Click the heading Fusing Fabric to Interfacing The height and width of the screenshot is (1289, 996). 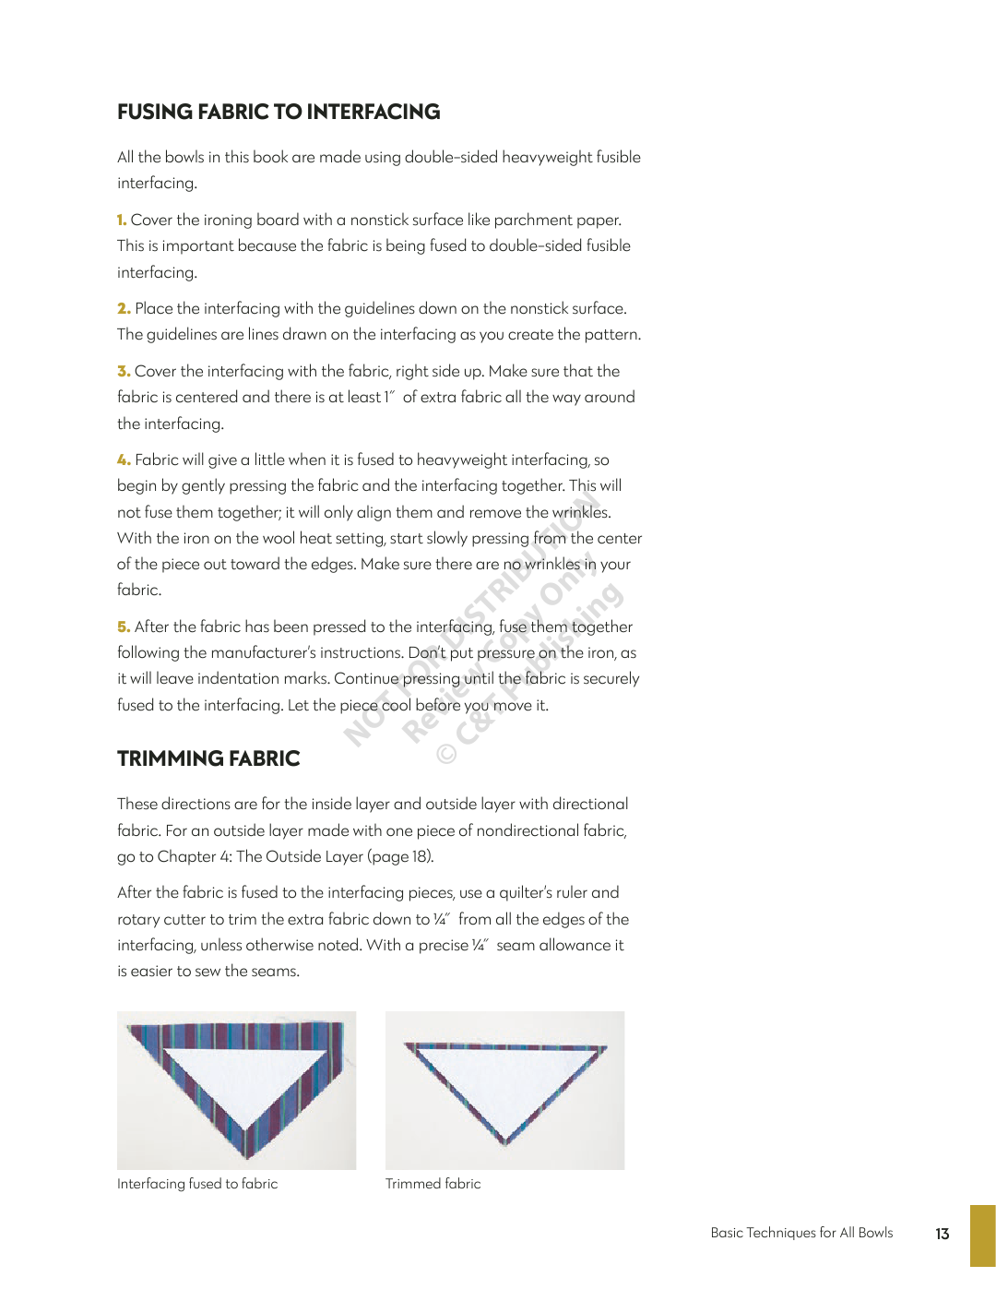pos(279,113)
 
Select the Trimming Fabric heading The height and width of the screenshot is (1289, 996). pos(208,759)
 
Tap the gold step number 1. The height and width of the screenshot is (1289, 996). pos(122,221)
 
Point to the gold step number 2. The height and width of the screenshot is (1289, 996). pos(124,309)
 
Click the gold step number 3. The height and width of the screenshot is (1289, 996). pos(124,372)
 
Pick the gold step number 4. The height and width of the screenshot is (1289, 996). pos(124,460)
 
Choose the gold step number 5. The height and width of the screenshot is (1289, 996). pos(124,627)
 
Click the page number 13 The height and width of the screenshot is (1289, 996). pos(942,1234)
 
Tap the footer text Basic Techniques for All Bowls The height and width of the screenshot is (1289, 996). pos(801,1233)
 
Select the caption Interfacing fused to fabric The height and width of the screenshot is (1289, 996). pos(197,1184)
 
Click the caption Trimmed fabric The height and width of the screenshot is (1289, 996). pos(433,1184)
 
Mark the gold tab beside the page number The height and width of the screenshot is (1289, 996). pos(982,1235)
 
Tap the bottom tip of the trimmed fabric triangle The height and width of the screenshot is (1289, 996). pos(504,1142)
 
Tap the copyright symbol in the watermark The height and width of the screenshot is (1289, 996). pos(446,754)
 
